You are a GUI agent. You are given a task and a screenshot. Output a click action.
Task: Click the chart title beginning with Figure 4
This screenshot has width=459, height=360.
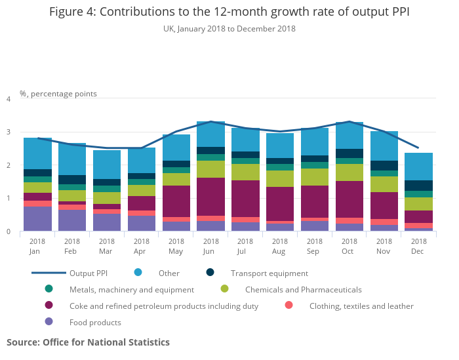pyautogui.click(x=229, y=12)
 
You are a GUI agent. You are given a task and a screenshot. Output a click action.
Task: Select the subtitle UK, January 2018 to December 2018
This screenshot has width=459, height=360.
pyautogui.click(x=229, y=29)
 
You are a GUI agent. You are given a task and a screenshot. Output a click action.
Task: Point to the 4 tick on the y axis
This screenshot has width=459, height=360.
pyautogui.click(x=9, y=99)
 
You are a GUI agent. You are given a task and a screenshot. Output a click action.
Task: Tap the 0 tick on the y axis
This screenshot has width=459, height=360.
pyautogui.click(x=9, y=231)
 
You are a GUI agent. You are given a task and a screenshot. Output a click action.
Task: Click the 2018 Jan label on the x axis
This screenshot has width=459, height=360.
pyautogui.click(x=37, y=246)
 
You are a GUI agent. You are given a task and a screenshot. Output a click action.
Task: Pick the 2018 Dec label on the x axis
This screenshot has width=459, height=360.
pyautogui.click(x=419, y=246)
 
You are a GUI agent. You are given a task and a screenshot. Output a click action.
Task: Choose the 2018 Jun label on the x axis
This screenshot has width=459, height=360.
pyautogui.click(x=210, y=246)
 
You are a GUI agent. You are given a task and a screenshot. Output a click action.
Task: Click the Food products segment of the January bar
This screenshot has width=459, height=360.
pyautogui.click(x=37, y=219)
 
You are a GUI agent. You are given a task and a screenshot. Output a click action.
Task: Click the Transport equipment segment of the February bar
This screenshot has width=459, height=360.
pyautogui.click(x=72, y=180)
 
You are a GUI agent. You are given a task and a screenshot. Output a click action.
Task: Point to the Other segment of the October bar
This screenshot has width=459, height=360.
pyautogui.click(x=349, y=135)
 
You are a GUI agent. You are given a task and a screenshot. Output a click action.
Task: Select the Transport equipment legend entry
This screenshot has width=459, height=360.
pyautogui.click(x=269, y=273)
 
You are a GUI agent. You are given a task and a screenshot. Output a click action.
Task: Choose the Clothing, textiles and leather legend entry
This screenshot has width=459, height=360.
pyautogui.click(x=361, y=306)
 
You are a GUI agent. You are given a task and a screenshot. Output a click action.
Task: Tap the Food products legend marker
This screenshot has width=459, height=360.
pyautogui.click(x=49, y=322)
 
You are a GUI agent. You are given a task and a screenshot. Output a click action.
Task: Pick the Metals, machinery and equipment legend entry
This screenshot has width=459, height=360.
pyautogui.click(x=131, y=289)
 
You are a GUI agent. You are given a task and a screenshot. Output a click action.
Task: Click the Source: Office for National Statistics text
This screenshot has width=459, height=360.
pyautogui.click(x=88, y=342)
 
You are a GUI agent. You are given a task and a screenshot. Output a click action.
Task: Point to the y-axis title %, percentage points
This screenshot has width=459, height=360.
pyautogui.click(x=58, y=94)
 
